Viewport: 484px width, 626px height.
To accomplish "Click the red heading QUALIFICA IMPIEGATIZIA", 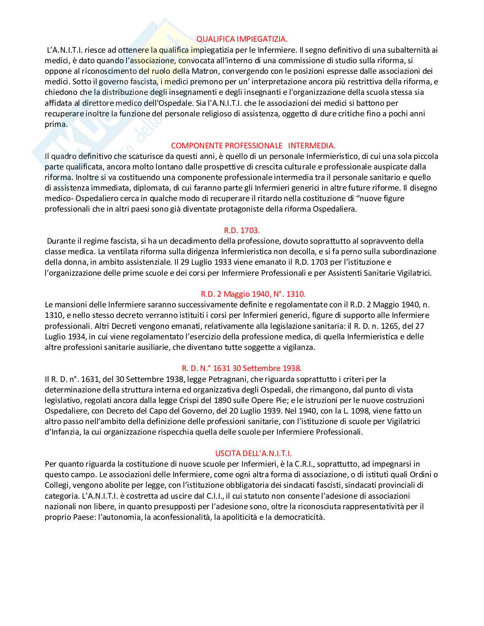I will coord(242,39).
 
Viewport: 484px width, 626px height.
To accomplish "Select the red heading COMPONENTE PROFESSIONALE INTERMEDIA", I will coord(253,145).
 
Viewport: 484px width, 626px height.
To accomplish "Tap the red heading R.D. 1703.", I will coord(242,230).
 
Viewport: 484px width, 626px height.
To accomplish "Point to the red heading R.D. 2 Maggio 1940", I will coord(253,294).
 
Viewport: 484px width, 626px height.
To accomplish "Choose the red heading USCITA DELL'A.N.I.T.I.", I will coord(253,453).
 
